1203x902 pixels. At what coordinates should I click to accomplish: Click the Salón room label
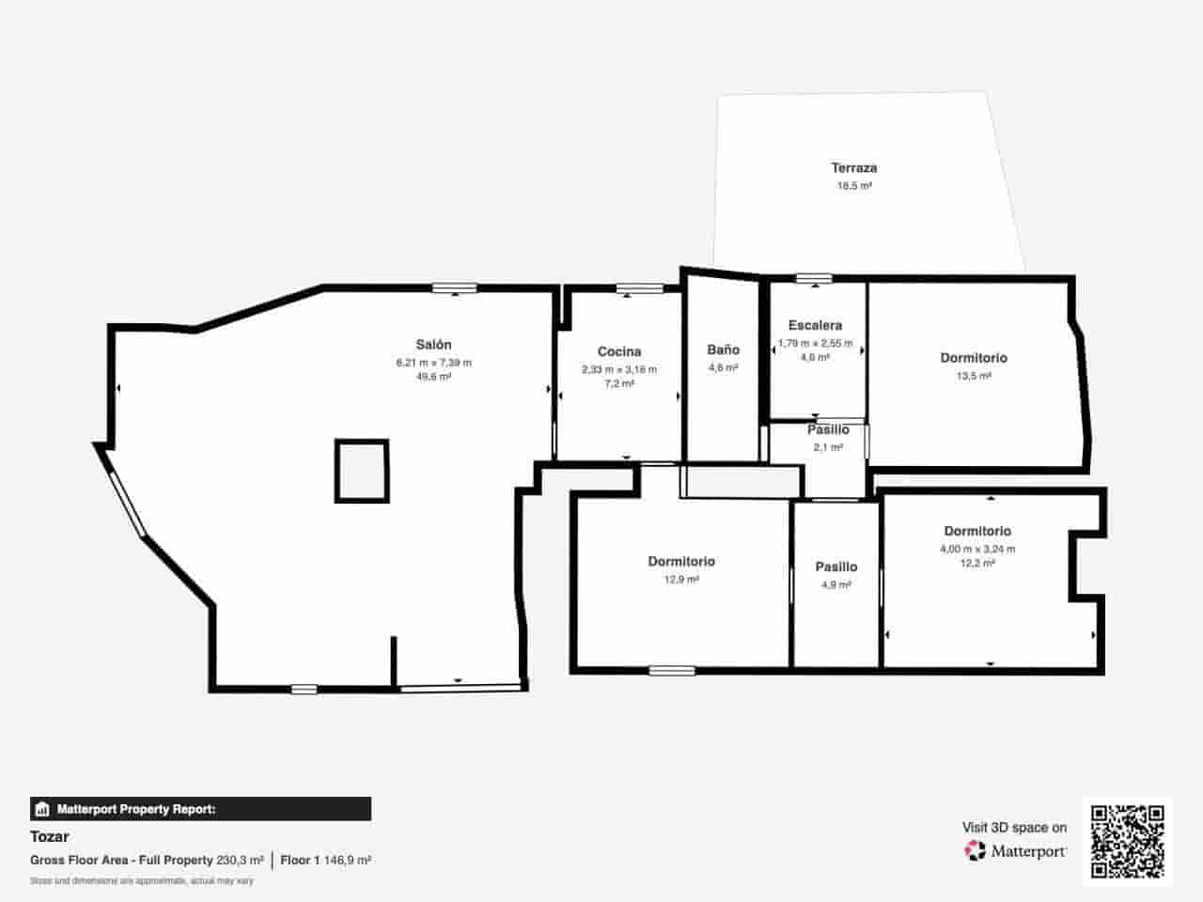tap(433, 345)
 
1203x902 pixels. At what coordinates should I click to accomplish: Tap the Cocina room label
tap(619, 351)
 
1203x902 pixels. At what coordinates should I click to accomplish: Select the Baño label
tap(723, 350)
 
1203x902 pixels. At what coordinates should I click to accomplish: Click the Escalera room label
tap(815, 325)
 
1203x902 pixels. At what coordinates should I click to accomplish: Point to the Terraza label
tap(853, 168)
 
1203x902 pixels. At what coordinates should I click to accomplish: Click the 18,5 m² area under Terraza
tap(853, 186)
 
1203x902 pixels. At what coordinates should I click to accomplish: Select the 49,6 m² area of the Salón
tap(433, 377)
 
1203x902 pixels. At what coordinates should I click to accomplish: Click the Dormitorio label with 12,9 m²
tap(681, 562)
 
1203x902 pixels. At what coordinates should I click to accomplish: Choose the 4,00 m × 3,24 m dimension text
tap(977, 549)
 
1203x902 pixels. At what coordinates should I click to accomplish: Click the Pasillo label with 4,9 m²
tap(836, 567)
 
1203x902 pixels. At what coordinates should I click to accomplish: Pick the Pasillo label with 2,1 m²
tap(828, 429)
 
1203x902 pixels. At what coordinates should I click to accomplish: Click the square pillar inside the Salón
tap(362, 471)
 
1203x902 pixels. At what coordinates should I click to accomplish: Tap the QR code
tap(1127, 841)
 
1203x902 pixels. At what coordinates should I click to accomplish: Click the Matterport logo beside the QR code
tap(1016, 851)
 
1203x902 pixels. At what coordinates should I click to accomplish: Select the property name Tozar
tap(50, 836)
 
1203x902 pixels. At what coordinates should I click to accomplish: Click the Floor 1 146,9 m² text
tap(325, 860)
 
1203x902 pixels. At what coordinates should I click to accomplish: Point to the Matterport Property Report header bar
tap(200, 809)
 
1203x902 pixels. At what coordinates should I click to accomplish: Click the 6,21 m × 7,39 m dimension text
tap(433, 363)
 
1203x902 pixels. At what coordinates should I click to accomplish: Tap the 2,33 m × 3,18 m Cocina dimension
tap(619, 369)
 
